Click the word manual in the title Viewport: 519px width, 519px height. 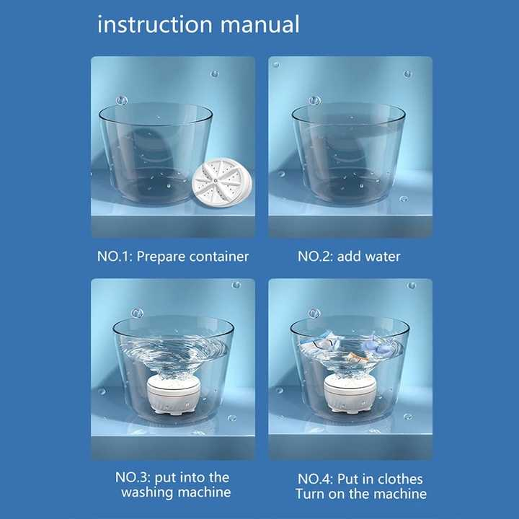261,25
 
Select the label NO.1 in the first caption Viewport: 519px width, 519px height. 113,257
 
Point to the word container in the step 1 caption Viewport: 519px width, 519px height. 218,257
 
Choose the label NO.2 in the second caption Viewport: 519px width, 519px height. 315,257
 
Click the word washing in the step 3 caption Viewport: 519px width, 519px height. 148,493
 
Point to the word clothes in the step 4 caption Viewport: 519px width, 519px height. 399,479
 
